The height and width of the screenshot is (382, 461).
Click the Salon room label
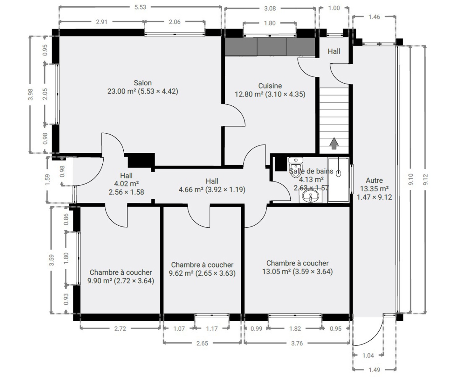143,83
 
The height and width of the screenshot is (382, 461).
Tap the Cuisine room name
270,86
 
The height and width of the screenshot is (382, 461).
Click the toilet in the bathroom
296,167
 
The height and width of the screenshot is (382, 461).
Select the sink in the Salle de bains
311,196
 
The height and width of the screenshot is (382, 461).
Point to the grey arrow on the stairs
334,143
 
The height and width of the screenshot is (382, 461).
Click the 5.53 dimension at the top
140,7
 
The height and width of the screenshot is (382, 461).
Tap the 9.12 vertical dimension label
425,180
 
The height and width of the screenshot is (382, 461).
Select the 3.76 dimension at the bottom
297,343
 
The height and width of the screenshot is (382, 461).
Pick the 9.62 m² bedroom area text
181,273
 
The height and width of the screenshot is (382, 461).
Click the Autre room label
374,180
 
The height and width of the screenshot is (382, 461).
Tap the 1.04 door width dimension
368,356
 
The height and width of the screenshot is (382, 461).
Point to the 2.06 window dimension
175,22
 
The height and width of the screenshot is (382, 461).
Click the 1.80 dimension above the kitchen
270,23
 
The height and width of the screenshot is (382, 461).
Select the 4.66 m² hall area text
191,190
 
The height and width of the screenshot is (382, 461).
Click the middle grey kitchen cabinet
272,47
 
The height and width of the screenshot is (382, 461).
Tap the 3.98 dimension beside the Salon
31,95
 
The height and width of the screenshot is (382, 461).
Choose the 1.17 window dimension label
212,329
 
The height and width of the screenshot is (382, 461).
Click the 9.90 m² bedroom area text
100,281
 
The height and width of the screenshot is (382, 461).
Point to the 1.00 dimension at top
334,8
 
